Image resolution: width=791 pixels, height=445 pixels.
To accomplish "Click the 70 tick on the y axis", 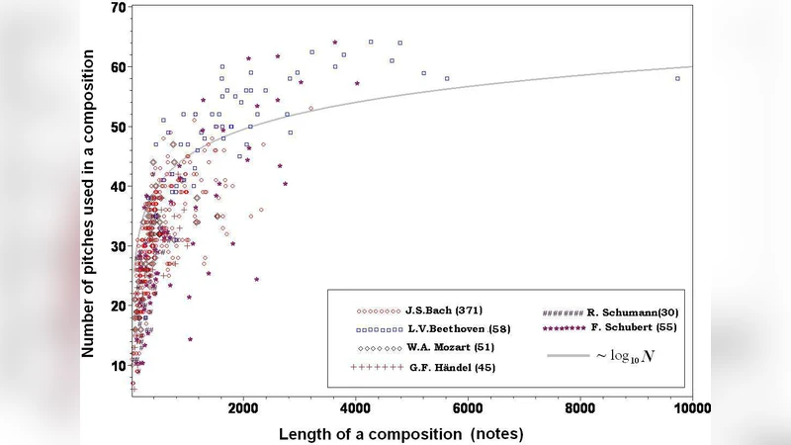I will coord(118,8).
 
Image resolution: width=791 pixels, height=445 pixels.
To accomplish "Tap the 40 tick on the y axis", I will coord(118,187).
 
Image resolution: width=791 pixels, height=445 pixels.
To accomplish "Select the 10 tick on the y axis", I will coord(118,366).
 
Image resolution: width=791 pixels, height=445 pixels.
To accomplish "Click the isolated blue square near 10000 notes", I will coord(677,78).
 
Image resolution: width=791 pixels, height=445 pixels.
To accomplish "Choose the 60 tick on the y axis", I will coord(118,67).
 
